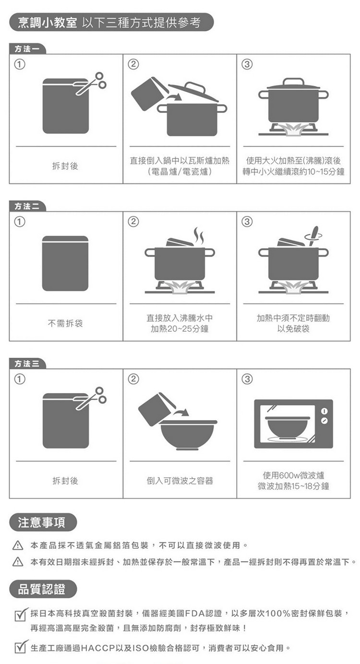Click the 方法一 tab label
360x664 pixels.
[x=27, y=49]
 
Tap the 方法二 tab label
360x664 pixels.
[x=27, y=206]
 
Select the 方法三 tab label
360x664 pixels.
[x=27, y=364]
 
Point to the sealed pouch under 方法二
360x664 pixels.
[x=65, y=263]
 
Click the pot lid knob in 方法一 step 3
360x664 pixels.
[x=293, y=82]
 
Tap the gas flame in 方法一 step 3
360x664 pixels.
[x=293, y=131]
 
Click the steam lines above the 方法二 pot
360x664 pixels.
[x=199, y=236]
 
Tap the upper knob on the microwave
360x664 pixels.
[x=324, y=411]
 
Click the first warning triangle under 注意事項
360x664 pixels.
[x=18, y=545]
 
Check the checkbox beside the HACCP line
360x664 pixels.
[x=21, y=647]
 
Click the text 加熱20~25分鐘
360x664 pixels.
[x=180, y=329]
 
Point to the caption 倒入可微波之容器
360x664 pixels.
[x=180, y=481]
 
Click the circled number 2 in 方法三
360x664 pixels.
[x=133, y=379]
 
